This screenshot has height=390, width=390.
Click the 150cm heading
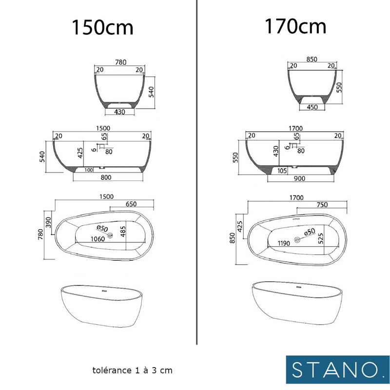102,27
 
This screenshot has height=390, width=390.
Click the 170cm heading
295,26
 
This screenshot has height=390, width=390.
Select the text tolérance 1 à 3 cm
132,370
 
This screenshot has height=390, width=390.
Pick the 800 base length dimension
108,178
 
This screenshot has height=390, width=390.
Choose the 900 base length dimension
299,178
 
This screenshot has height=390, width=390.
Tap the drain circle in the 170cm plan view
297,240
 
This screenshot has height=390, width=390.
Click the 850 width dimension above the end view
312,59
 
